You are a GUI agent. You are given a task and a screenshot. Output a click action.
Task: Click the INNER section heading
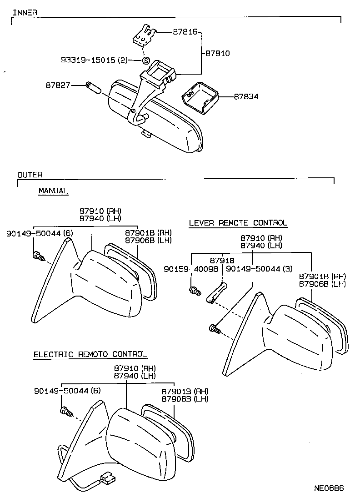pos(25,12)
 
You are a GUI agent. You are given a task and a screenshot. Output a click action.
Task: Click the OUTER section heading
pos(30,175)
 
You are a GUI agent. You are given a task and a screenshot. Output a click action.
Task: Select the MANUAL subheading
pos(53,191)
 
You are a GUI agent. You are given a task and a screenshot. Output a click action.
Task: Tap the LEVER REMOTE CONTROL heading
pos(238,223)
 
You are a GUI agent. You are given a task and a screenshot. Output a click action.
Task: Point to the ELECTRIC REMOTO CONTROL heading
pos(90,354)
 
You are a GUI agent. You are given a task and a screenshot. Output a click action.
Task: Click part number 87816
pos(185,32)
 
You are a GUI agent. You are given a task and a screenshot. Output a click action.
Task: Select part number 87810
pos(218,53)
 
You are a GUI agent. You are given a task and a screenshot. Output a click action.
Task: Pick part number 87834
pos(246,96)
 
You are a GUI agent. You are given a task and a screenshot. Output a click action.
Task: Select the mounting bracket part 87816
pos(145,36)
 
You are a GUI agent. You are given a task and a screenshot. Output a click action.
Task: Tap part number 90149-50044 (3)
pos(259,269)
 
